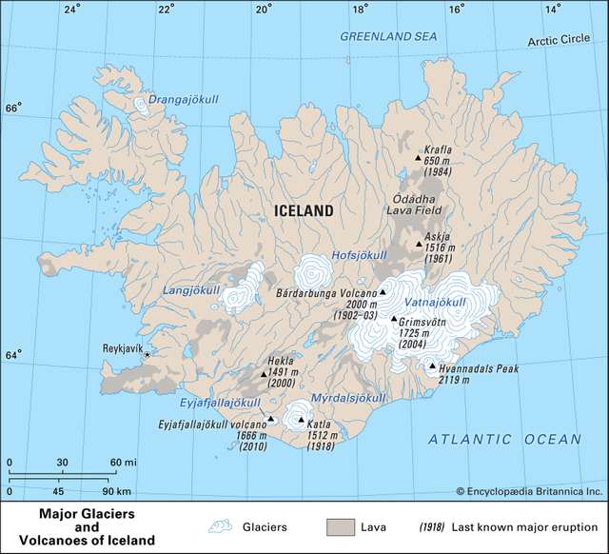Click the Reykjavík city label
click(122, 349)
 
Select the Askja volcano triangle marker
click(419, 245)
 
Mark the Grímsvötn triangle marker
click(394, 319)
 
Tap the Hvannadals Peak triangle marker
click(432, 366)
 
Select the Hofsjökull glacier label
click(360, 255)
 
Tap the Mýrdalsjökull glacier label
click(348, 397)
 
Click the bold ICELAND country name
click(303, 211)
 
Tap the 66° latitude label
click(12, 108)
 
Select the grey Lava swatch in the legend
click(341, 525)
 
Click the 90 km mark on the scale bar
click(116, 492)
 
